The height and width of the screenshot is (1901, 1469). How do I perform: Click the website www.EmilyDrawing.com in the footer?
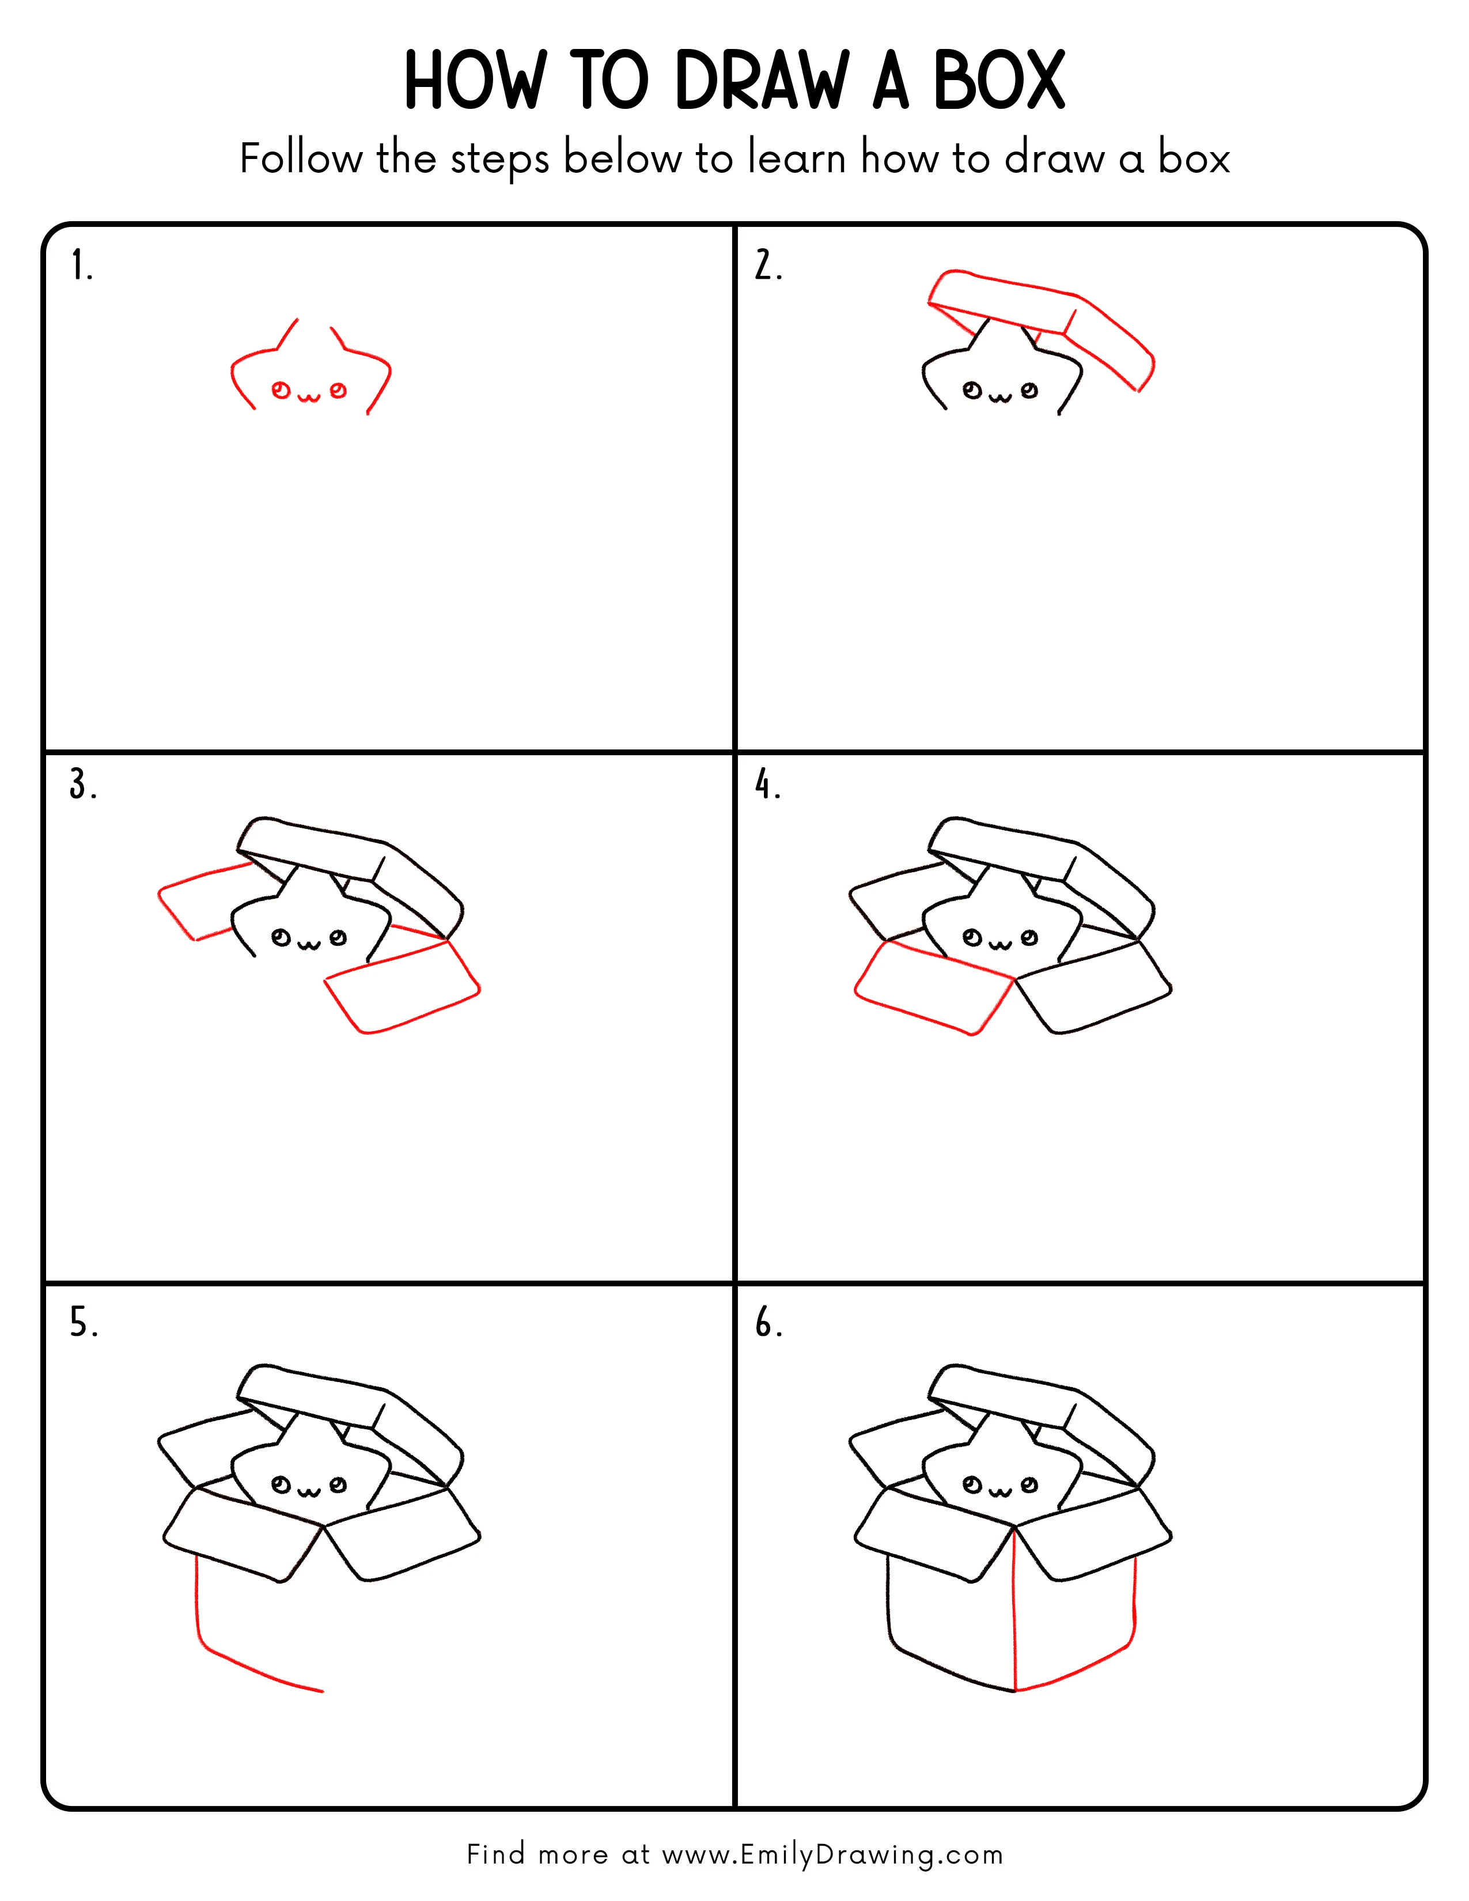point(832,1854)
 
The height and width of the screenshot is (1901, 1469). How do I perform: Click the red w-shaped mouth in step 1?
point(309,397)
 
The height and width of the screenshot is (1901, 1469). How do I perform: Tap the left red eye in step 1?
point(280,390)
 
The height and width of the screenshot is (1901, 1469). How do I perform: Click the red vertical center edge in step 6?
point(1014,1610)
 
